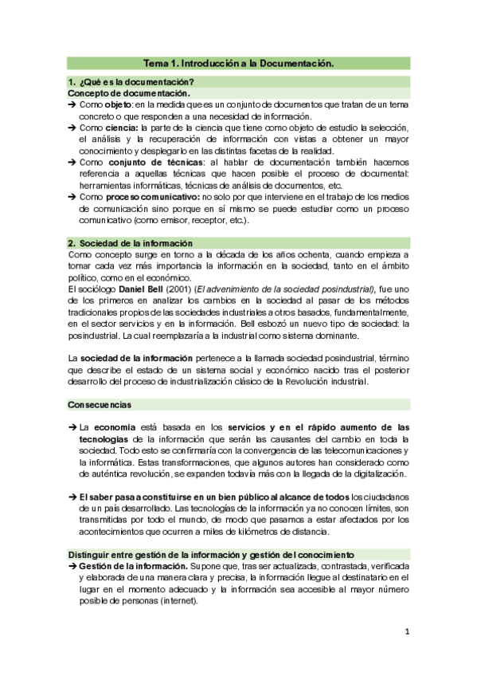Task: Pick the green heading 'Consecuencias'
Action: (x=100, y=405)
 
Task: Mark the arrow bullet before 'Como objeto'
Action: (x=72, y=105)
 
